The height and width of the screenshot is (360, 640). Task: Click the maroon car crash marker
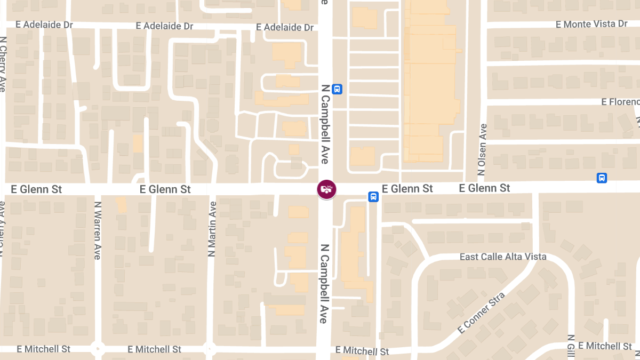[327, 189]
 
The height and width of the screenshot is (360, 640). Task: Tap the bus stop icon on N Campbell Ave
[337, 89]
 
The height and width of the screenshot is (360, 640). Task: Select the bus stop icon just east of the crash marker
[373, 197]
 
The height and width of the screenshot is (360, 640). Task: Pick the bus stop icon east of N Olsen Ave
[602, 178]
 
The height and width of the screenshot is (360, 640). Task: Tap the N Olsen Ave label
[483, 150]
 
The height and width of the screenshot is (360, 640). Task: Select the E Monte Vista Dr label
[591, 24]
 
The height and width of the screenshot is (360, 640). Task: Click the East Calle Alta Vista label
[503, 257]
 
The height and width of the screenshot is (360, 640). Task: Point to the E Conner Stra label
[481, 313]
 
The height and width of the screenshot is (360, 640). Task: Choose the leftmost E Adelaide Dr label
[44, 25]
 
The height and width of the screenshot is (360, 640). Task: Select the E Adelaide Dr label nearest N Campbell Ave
[285, 27]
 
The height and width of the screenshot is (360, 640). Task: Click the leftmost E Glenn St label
[34, 189]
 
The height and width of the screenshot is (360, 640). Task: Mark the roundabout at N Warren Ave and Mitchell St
[97, 349]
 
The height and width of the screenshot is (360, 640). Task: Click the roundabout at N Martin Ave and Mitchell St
[210, 349]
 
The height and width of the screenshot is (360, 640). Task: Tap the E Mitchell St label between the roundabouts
[154, 349]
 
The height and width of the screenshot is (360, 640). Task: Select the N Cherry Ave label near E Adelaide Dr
[3, 64]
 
